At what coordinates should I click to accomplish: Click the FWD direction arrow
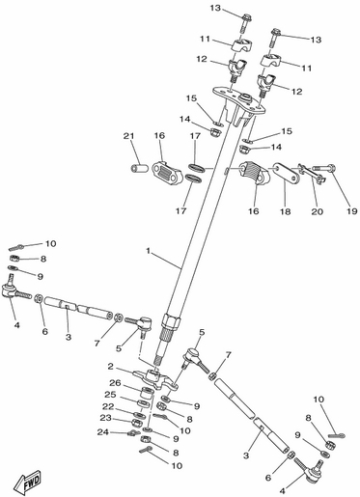[x=28, y=483]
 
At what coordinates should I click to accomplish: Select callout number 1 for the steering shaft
[x=148, y=251]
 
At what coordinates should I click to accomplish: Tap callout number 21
[x=128, y=136]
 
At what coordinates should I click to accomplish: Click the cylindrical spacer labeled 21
[x=139, y=168]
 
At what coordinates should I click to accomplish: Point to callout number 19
[x=352, y=211]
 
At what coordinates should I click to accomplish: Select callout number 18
[x=286, y=211]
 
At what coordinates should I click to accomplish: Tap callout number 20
[x=316, y=211]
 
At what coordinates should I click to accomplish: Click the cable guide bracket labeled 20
[x=313, y=174]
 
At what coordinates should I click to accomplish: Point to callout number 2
[x=111, y=366]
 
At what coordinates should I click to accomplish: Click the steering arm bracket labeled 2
[x=155, y=379]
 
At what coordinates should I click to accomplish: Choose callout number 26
[x=115, y=383]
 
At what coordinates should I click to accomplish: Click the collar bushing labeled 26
[x=147, y=393]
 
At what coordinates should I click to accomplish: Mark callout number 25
[x=110, y=395]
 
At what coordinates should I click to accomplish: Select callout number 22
[x=108, y=406]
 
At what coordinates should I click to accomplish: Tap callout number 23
[x=105, y=418]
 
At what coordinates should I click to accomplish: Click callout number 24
[x=103, y=432]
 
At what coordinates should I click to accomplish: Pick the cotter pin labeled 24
[x=133, y=433]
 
